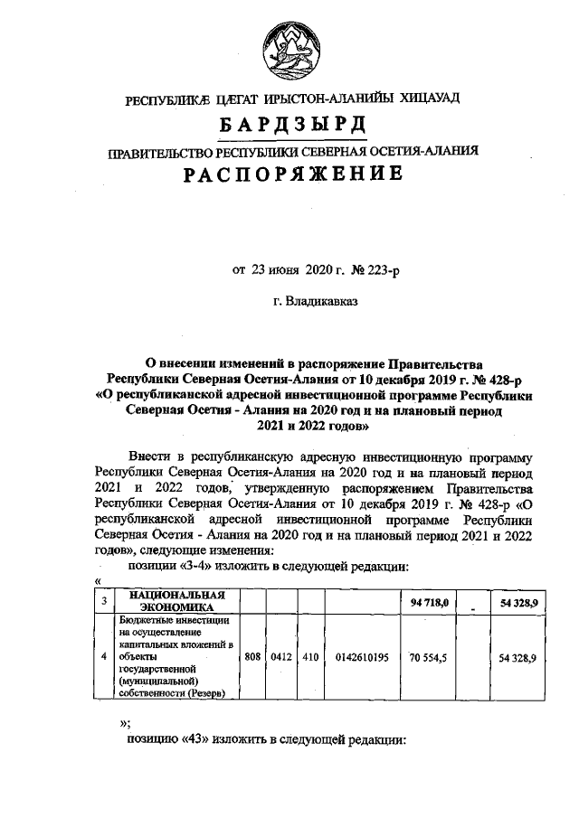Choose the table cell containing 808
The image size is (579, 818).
tap(252, 659)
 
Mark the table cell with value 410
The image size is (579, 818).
tap(309, 659)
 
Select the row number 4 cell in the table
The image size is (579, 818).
tap(104, 659)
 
